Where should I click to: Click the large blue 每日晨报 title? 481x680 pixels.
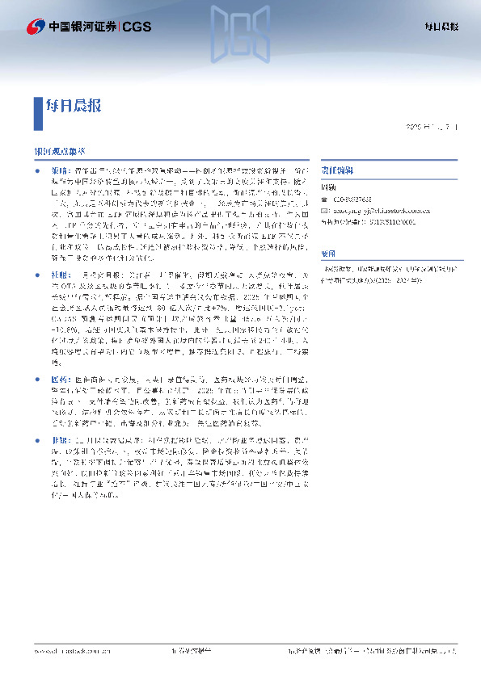(x=74, y=105)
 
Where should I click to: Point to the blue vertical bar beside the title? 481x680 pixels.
(x=37, y=113)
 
